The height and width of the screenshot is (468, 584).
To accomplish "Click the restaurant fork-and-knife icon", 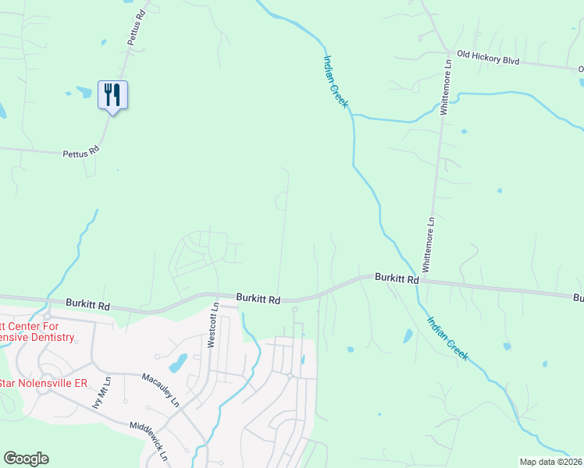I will pyautogui.click(x=112, y=94).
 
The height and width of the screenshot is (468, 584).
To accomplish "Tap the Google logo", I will pyautogui.click(x=26, y=459).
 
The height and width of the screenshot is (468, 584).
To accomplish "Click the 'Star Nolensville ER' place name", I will pyautogui.click(x=43, y=383).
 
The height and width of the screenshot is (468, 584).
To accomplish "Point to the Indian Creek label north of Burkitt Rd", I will pyautogui.click(x=336, y=80).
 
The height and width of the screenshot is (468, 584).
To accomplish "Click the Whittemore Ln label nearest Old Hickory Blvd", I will pyautogui.click(x=447, y=90).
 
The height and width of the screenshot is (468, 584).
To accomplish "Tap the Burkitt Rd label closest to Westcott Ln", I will pyautogui.click(x=258, y=299).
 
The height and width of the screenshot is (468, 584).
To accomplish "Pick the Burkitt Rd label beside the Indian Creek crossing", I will pyautogui.click(x=397, y=278).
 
